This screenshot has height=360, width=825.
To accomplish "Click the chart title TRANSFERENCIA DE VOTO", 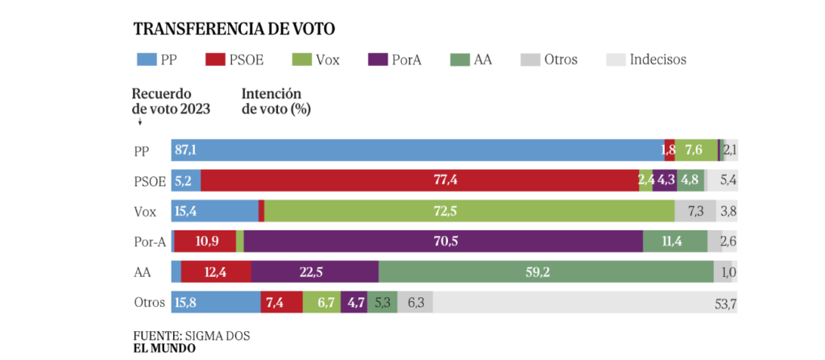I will coord(234,29).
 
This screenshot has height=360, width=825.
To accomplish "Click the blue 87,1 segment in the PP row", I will coord(417,151).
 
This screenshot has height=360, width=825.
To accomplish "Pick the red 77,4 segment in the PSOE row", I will coord(420,181).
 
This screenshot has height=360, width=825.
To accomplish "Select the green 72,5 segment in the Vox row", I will coord(469,212).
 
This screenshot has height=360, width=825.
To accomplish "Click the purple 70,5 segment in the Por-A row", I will coord(443,242).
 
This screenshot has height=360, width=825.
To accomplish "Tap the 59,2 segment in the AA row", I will coord(545,272).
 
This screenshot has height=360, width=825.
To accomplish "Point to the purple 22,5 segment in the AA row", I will coord(314,272).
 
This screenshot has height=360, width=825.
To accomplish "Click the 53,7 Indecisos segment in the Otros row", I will coord(585,303).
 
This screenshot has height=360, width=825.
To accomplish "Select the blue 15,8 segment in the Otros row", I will coord(215,303).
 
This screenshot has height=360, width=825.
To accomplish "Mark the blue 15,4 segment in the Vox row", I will coord(214,212).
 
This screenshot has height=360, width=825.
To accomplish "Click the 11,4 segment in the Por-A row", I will coord(675,242).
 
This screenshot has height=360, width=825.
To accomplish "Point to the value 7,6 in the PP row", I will coord(694,151).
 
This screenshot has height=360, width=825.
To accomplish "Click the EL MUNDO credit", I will coord(164,349).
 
